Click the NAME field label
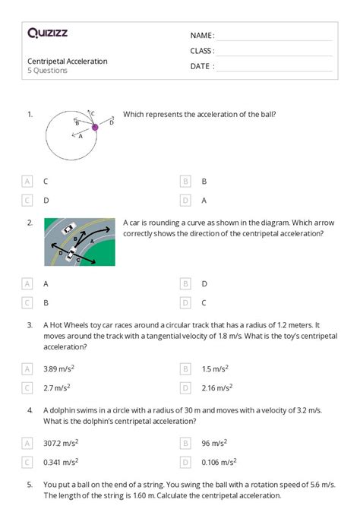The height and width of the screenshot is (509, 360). coord(202,36)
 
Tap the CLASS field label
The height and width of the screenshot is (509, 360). coord(202,51)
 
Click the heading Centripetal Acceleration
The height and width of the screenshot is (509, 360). coord(68,61)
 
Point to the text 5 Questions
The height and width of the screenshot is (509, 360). coord(48,71)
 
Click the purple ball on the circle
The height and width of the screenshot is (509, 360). coord(95,128)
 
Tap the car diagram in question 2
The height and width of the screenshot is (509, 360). coord(80,242)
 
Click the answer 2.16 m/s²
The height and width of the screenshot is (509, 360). coord(216,387)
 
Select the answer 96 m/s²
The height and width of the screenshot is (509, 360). coord(214,441)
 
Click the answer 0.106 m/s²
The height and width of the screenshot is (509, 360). coord(218,461)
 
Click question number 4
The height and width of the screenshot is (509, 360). coord(30,409)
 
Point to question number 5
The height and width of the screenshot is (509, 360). coord(30,483)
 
